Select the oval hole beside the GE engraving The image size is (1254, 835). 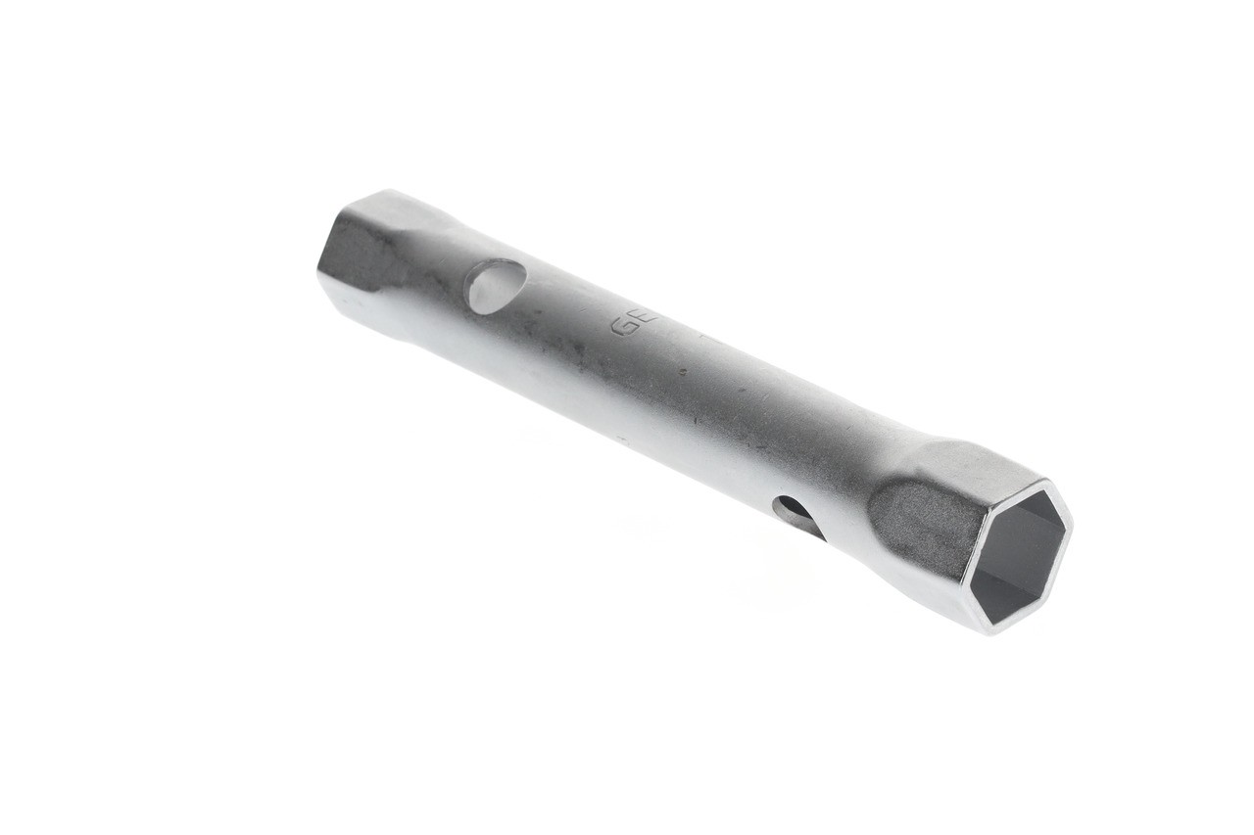[x=496, y=286]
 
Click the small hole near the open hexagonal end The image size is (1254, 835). [x=796, y=515]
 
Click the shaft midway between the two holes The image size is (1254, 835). [x=647, y=401]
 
